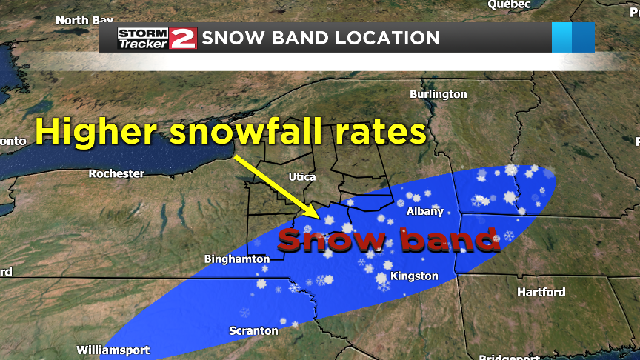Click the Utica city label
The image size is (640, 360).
pyautogui.click(x=301, y=177)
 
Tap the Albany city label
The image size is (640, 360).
pyautogui.click(x=425, y=211)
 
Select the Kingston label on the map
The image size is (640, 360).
pyautogui.click(x=415, y=276)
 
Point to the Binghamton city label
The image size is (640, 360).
pyautogui.click(x=237, y=259)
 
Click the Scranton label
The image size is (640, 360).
pyautogui.click(x=253, y=331)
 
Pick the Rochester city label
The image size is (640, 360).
pyautogui.click(x=116, y=173)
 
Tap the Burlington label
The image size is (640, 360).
pyautogui.click(x=439, y=94)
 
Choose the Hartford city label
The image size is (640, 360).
pyautogui.click(x=541, y=293)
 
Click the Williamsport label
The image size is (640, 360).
pyautogui.click(x=113, y=350)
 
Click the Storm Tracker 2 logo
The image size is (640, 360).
pyautogui.click(x=156, y=38)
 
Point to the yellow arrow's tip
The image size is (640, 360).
pyautogui.click(x=319, y=218)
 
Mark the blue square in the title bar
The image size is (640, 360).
pyautogui.click(x=573, y=38)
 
